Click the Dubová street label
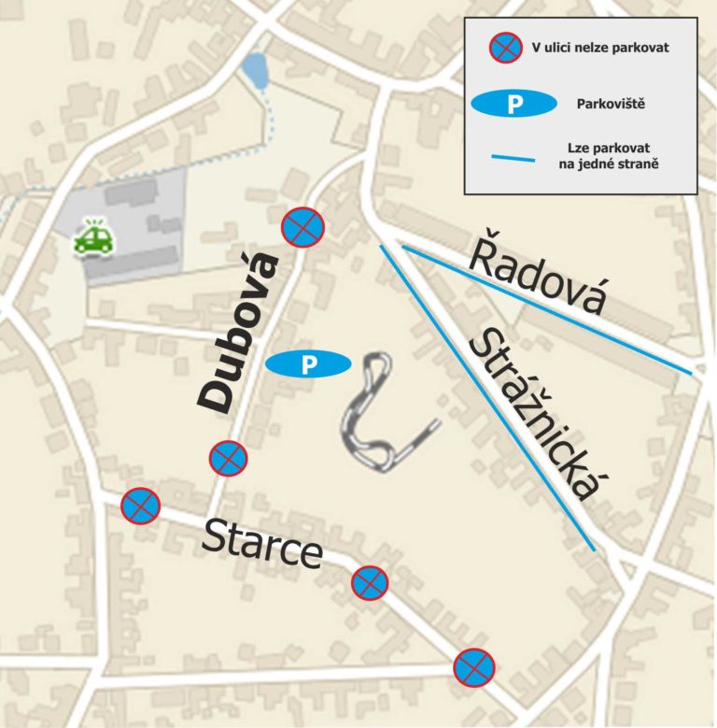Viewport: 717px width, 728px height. pos(239,332)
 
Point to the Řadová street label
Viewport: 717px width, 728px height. pos(538,277)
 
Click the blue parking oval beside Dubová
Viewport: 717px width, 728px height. pos(308,364)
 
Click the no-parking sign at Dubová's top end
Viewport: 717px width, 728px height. pos(303,226)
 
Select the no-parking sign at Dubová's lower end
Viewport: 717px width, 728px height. pos(228,458)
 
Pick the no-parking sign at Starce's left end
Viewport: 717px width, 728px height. pos(141,506)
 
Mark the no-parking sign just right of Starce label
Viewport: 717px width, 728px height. pos(370,582)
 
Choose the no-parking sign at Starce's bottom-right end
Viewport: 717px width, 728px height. pos(473,667)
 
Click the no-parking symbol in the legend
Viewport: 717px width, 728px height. pos(505,47)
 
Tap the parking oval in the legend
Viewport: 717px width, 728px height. pos(513,104)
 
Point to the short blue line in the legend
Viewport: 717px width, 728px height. pos(513,157)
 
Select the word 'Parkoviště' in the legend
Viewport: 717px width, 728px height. pos(612,104)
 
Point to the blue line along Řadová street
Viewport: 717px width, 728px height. pos(546,309)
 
